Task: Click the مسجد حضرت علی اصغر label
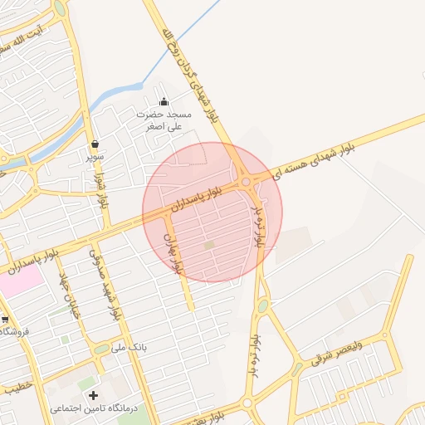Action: [x=164, y=120]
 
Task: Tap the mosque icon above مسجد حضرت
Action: [x=163, y=102]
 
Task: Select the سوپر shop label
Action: [x=96, y=155]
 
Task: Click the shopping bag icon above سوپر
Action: [x=96, y=143]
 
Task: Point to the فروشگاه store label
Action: [x=15, y=331]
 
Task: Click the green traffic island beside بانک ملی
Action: [x=102, y=349]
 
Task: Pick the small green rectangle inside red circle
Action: [x=209, y=245]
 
